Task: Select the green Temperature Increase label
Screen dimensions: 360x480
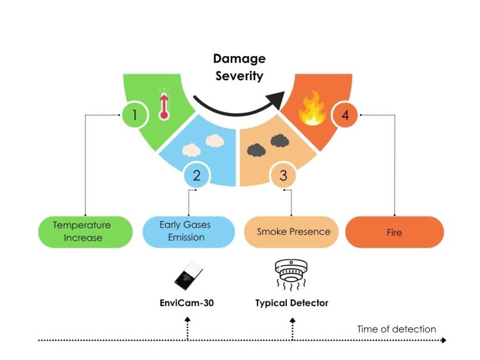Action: pos(82,232)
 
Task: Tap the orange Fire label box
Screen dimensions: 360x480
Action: pos(394,232)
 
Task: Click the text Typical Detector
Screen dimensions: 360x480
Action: pos(292,303)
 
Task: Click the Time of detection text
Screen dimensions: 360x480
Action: pos(396,329)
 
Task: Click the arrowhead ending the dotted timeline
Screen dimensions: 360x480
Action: pos(443,341)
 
